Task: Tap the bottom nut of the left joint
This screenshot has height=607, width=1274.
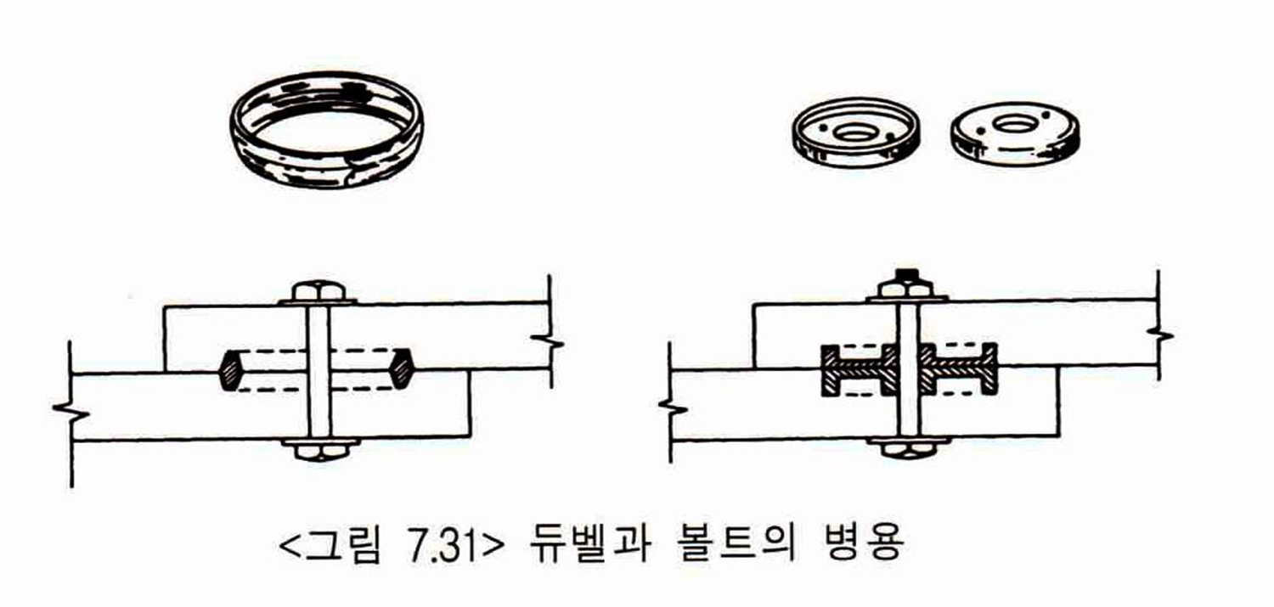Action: click(319, 450)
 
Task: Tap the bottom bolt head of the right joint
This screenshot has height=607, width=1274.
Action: click(908, 448)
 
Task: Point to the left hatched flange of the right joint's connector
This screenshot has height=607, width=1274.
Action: click(829, 369)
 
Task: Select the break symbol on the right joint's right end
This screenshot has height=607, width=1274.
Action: click(1158, 334)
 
